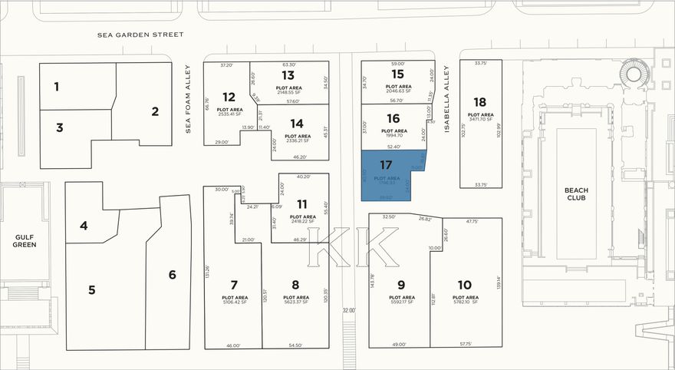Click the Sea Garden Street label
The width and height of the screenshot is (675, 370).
(x=141, y=35)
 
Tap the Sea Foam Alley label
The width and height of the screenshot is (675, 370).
(x=187, y=100)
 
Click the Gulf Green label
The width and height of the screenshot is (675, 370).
(x=23, y=241)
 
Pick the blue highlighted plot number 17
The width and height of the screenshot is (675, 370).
(x=387, y=164)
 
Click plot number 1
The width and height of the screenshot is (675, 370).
(x=56, y=87)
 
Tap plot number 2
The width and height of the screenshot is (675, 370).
(x=155, y=111)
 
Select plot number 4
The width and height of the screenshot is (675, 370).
(x=84, y=226)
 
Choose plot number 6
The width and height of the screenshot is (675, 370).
(x=173, y=275)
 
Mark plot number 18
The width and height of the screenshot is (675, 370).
(x=480, y=102)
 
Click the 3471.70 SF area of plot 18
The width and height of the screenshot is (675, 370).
(x=480, y=119)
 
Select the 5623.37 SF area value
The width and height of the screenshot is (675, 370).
(x=295, y=302)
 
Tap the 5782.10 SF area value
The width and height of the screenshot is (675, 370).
(x=466, y=302)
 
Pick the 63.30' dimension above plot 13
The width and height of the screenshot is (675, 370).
(x=289, y=64)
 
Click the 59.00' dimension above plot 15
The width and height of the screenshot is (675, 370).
(x=397, y=64)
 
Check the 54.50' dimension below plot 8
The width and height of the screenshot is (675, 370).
(x=295, y=345)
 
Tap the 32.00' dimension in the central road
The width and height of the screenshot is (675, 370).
(x=349, y=310)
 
